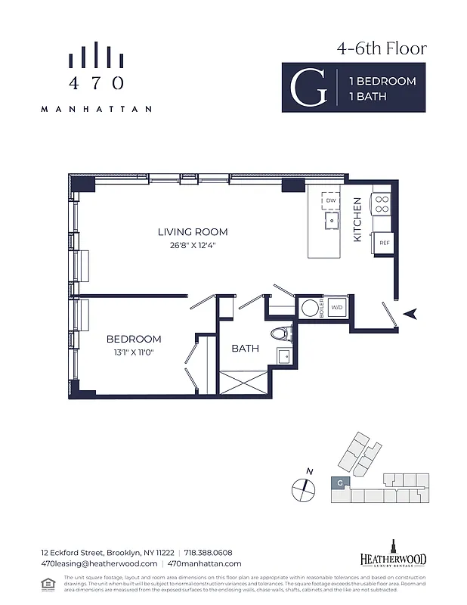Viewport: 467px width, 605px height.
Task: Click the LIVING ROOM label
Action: pyautogui.click(x=192, y=232)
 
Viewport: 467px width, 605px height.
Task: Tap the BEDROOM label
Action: pyautogui.click(x=134, y=339)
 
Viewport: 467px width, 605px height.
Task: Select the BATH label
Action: pyautogui.click(x=245, y=349)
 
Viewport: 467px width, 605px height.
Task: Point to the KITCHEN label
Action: pyautogui.click(x=357, y=219)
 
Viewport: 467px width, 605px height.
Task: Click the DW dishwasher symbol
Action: pyautogui.click(x=331, y=200)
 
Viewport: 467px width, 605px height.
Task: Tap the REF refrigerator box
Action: pyautogui.click(x=384, y=243)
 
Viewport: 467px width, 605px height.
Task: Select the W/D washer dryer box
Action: pyautogui.click(x=338, y=308)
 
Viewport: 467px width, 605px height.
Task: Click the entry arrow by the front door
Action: pyautogui.click(x=411, y=314)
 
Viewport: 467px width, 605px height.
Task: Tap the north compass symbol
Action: pyautogui.click(x=302, y=488)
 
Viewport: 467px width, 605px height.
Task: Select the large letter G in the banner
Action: pyautogui.click(x=309, y=88)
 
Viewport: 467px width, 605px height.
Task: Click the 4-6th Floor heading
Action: pyautogui.click(x=382, y=48)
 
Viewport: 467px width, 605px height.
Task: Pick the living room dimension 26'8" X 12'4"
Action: pyautogui.click(x=192, y=244)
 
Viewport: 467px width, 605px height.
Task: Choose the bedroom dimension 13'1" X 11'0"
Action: pyautogui.click(x=134, y=352)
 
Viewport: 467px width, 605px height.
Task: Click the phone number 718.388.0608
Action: pyautogui.click(x=208, y=552)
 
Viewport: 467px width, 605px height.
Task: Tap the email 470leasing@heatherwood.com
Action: pyautogui.click(x=98, y=563)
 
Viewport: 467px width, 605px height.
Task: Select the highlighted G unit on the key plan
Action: pyautogui.click(x=340, y=482)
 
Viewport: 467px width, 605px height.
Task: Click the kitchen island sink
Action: pyautogui.click(x=331, y=220)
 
